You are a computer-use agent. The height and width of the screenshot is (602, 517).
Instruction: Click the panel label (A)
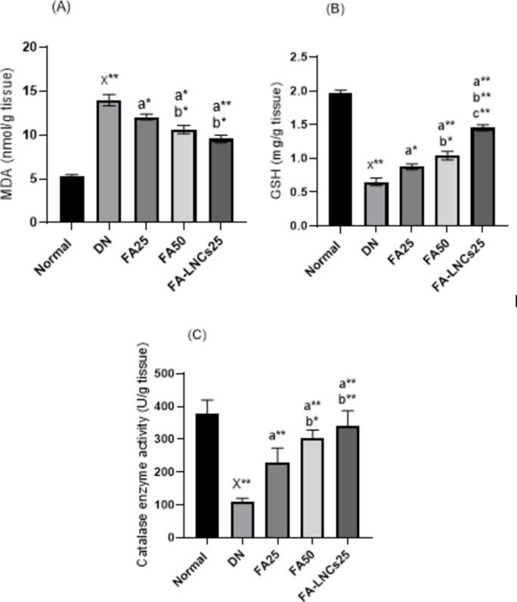(x=61, y=7)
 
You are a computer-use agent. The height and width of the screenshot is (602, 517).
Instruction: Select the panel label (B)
(x=335, y=10)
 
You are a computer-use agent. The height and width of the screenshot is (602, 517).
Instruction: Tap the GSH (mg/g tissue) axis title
(x=277, y=141)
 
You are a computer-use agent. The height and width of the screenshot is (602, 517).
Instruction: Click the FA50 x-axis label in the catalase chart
(x=304, y=568)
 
